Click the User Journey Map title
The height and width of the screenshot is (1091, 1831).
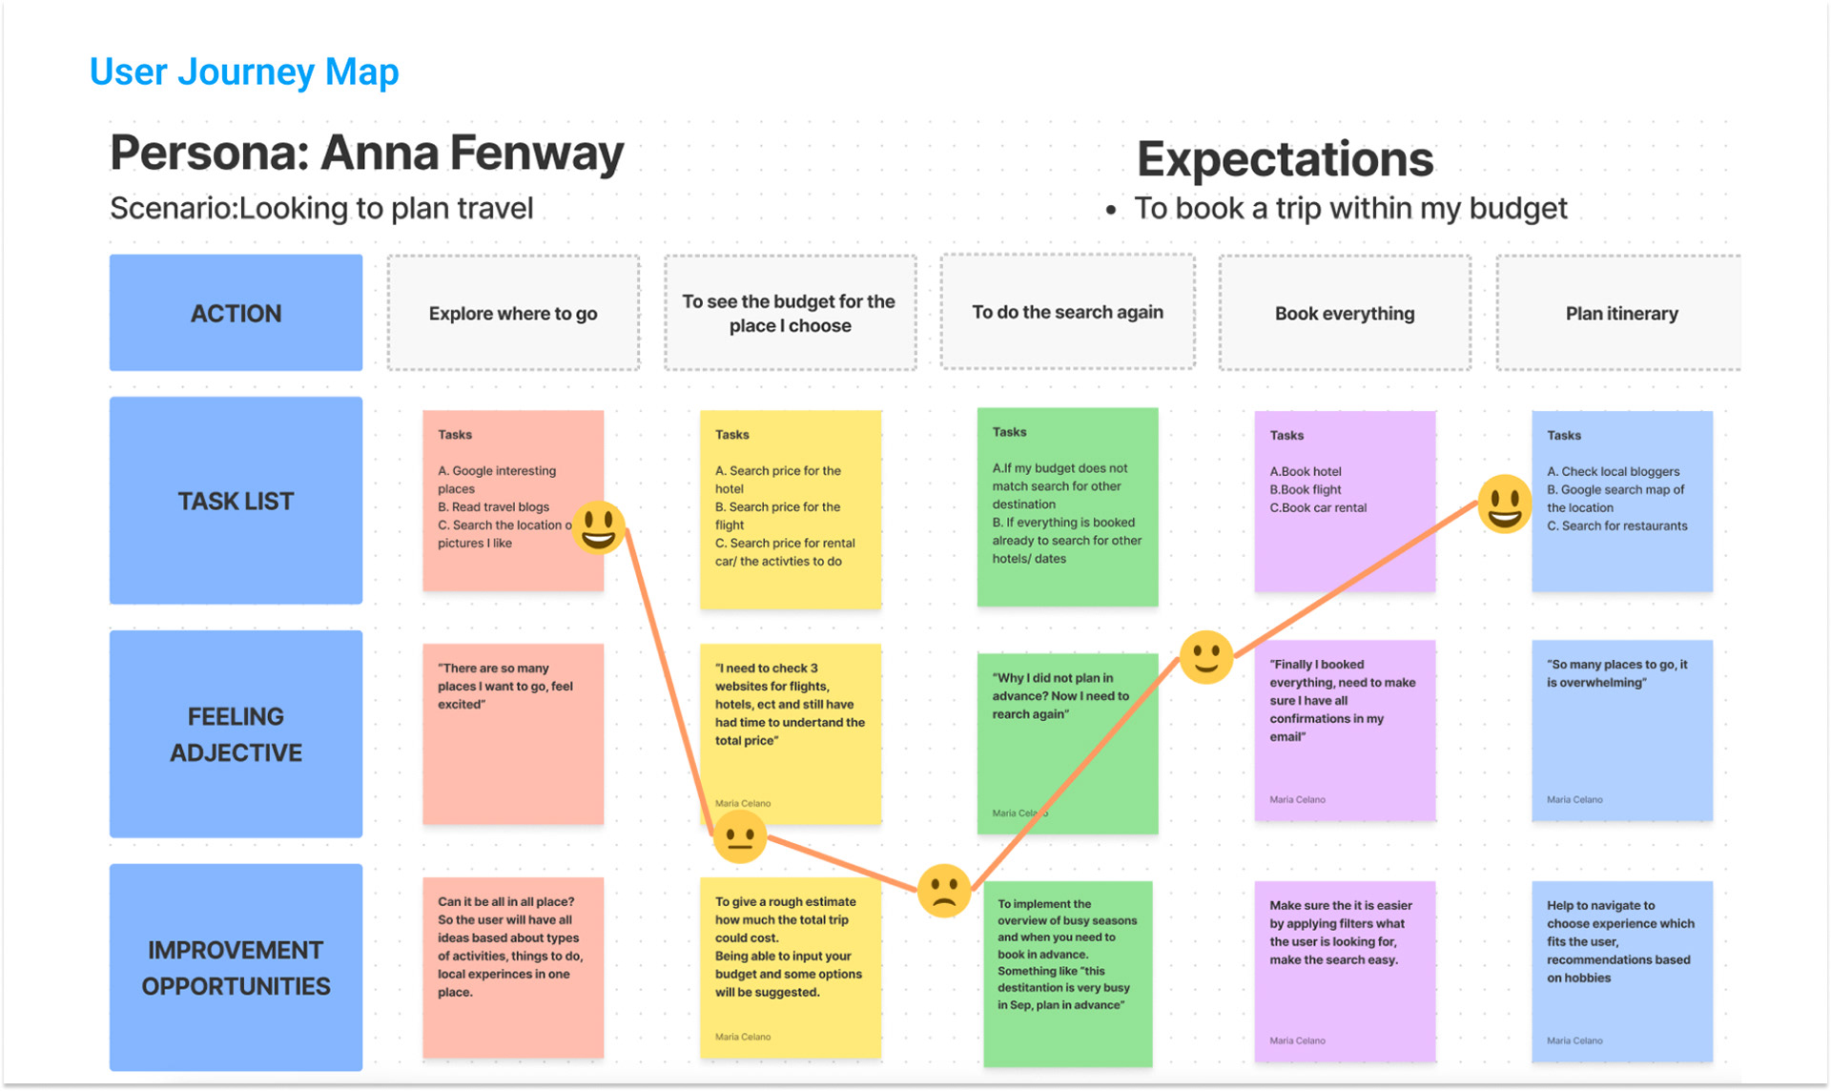click(244, 72)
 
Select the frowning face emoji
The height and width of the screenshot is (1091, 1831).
click(943, 891)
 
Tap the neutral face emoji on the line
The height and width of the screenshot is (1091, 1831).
click(739, 836)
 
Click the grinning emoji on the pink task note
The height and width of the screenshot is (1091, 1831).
click(598, 527)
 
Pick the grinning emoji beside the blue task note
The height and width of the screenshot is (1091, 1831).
click(1504, 503)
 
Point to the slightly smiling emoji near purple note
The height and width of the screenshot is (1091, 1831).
click(1205, 657)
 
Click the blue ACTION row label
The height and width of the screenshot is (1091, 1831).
click(236, 313)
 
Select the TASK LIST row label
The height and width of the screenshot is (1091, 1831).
click(236, 501)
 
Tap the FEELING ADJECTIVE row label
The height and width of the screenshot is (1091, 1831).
click(236, 733)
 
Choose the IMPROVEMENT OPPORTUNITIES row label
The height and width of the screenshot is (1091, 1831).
click(236, 967)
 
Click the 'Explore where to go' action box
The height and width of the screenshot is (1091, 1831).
click(513, 313)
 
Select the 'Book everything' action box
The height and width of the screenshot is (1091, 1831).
click(1345, 313)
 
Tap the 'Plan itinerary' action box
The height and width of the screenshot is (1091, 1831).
click(1620, 313)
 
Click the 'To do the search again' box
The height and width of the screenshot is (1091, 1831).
click(1067, 312)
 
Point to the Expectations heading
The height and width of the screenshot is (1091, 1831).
click(1285, 159)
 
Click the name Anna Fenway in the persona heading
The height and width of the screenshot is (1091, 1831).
click(472, 153)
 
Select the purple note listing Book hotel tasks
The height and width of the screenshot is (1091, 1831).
click(1345, 502)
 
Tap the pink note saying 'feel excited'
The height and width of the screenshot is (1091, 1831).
click(513, 733)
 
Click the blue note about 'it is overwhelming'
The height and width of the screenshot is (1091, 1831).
click(1621, 731)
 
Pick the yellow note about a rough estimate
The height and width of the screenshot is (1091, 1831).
click(790, 967)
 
